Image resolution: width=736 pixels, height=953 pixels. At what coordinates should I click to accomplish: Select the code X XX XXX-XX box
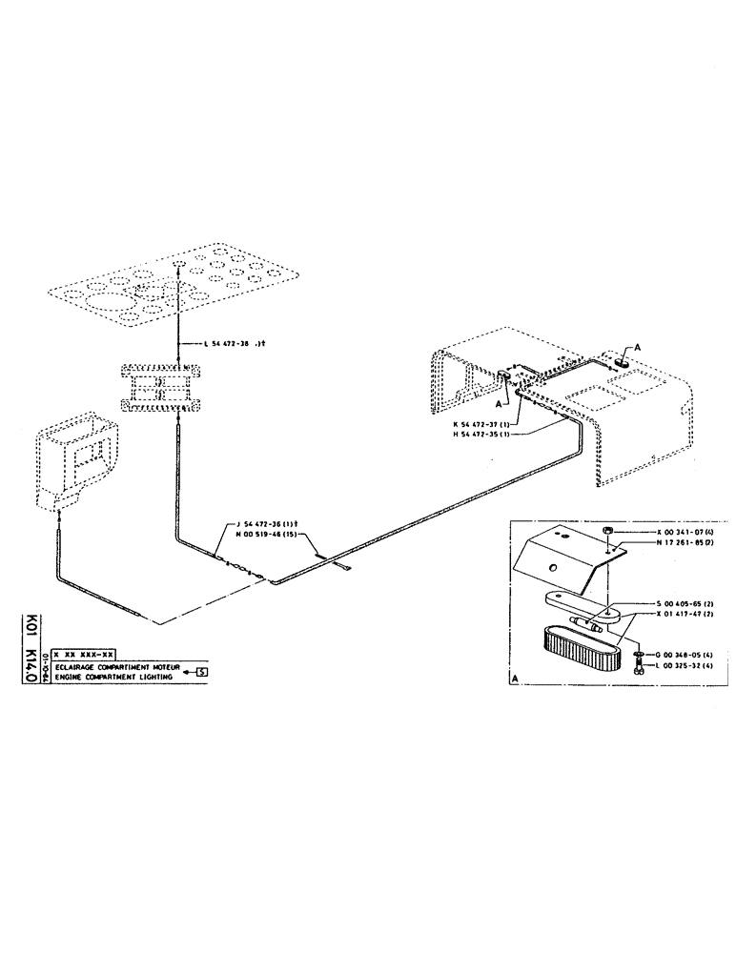(84, 655)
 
